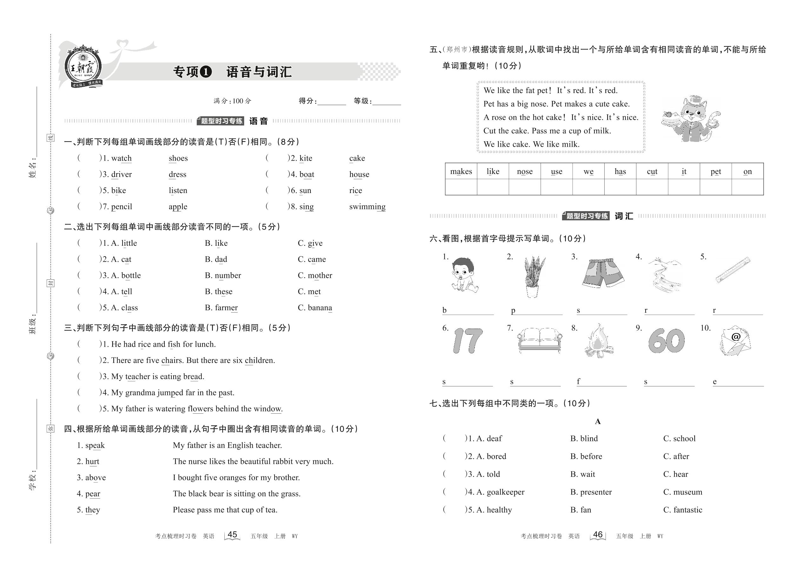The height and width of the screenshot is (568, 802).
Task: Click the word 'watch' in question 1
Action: coord(121,158)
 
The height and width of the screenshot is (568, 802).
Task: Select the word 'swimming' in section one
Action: coord(367,207)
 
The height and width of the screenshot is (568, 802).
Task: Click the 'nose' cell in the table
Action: coord(524,171)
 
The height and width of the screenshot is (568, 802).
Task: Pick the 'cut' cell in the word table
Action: coord(652,171)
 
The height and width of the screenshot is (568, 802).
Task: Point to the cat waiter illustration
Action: coord(691,119)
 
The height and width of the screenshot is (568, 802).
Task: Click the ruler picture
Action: coord(732,269)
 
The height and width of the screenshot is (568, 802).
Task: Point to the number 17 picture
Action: coord(468,341)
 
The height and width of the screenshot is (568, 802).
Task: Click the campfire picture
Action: coord(599,341)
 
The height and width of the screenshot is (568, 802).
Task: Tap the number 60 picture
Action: coord(666,341)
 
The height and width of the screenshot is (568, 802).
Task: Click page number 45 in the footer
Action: coord(232,535)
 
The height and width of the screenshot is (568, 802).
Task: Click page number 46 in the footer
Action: coord(598,535)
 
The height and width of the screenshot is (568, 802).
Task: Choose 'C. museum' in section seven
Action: coord(682,492)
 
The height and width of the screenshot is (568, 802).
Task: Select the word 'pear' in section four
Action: coord(93,494)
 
